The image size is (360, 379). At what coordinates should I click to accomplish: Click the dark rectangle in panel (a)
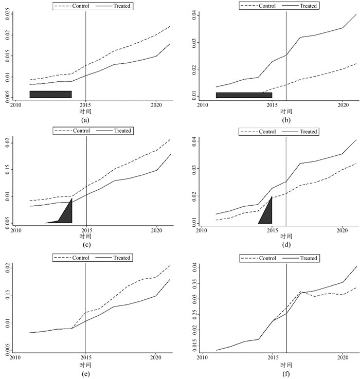point(50,94)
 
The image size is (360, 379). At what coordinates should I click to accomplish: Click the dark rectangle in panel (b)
point(244,95)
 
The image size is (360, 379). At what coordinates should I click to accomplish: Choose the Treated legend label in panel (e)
point(121,258)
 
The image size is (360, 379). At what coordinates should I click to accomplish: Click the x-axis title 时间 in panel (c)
point(86,236)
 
